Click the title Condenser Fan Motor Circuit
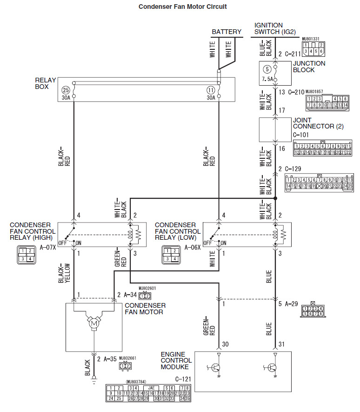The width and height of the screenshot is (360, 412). pos(183,7)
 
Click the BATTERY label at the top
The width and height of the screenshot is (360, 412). pos(227,32)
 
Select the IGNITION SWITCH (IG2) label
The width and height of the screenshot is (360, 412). pos(275,29)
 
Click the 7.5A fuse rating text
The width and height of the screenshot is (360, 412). pos(267,80)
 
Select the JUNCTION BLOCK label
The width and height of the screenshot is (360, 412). pos(309,67)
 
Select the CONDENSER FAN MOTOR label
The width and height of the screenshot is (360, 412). pos(145,309)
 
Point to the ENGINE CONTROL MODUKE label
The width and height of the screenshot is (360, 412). pos(176,360)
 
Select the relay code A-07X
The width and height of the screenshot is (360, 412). pos(47,248)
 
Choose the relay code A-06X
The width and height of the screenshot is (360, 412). pos(193,248)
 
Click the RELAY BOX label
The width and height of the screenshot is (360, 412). pos(46,83)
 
